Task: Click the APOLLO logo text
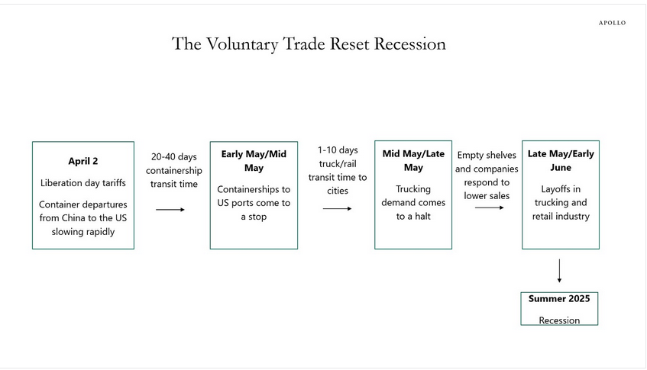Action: tap(612, 23)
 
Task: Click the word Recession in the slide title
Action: tap(409, 44)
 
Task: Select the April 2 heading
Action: tap(82, 162)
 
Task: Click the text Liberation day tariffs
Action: tap(82, 183)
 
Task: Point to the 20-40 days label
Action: tap(173, 157)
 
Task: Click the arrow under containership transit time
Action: tap(170, 209)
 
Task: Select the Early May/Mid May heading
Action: tap(254, 161)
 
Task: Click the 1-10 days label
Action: tap(337, 150)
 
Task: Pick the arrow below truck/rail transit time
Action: tap(337, 208)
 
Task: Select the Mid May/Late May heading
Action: tap(413, 161)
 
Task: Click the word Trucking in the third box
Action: tap(413, 189)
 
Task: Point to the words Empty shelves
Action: tap(487, 156)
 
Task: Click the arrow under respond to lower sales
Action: tap(489, 208)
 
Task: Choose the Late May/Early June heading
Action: tap(561, 161)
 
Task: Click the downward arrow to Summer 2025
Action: tap(560, 271)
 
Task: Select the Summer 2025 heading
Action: tap(559, 298)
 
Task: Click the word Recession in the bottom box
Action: tap(559, 320)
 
